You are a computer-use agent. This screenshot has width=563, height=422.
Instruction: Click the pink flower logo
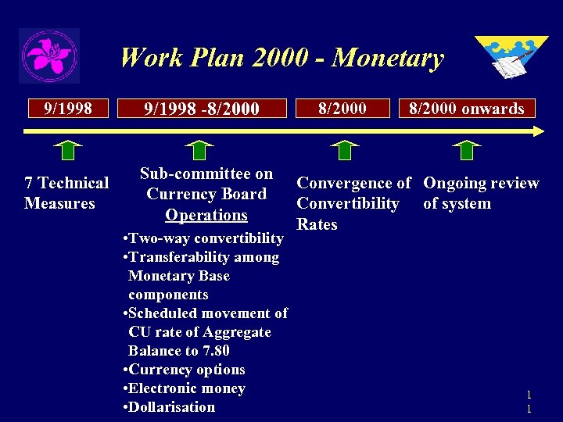click(x=49, y=55)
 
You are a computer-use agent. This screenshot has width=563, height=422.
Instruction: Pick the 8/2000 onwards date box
click(x=467, y=108)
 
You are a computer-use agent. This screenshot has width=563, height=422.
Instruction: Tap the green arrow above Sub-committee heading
click(x=201, y=150)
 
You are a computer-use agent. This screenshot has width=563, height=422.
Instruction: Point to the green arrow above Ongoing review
click(x=467, y=150)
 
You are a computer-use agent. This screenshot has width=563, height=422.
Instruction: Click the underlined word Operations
click(x=206, y=215)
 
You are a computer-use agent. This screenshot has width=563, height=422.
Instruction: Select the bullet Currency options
click(x=185, y=370)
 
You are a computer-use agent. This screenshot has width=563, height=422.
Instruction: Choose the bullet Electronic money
click(x=185, y=388)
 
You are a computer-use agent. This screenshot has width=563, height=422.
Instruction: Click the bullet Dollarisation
click(x=169, y=406)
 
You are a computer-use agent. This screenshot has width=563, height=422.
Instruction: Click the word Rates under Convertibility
click(x=317, y=224)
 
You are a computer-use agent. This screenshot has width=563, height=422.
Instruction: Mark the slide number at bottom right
click(x=529, y=402)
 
